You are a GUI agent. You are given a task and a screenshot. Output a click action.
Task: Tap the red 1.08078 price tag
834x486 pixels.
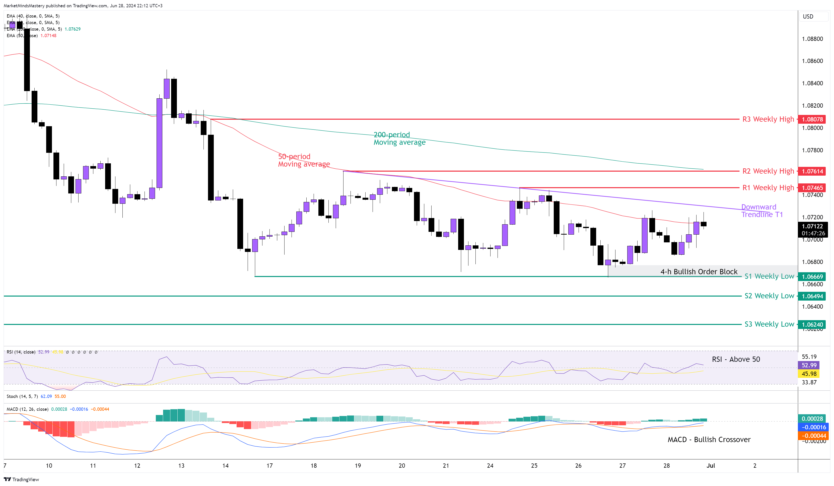(x=812, y=119)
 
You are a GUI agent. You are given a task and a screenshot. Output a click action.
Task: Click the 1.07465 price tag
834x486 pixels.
(x=812, y=188)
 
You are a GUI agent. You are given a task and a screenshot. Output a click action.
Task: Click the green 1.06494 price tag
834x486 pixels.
(x=812, y=296)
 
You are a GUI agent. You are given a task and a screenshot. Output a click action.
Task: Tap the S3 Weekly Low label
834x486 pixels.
(x=769, y=324)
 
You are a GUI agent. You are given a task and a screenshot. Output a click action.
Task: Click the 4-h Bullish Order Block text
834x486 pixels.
(x=699, y=271)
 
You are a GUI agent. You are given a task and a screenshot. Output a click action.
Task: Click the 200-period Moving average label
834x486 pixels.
(x=399, y=138)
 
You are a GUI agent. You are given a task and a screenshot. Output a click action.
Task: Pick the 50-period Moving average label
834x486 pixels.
(x=304, y=160)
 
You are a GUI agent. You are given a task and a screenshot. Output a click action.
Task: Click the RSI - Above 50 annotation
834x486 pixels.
(x=736, y=359)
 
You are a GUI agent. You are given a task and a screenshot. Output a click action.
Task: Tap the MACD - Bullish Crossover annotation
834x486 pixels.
(x=709, y=439)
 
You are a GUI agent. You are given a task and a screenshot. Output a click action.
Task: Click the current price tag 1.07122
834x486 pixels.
(x=812, y=227)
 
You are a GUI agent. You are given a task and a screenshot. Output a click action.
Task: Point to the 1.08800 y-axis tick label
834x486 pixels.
(x=812, y=39)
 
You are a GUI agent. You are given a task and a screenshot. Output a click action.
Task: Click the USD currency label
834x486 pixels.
(x=808, y=16)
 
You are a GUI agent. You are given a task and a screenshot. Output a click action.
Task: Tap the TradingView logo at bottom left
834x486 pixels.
(x=22, y=479)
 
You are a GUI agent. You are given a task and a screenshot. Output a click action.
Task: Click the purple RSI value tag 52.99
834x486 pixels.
(x=809, y=365)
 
